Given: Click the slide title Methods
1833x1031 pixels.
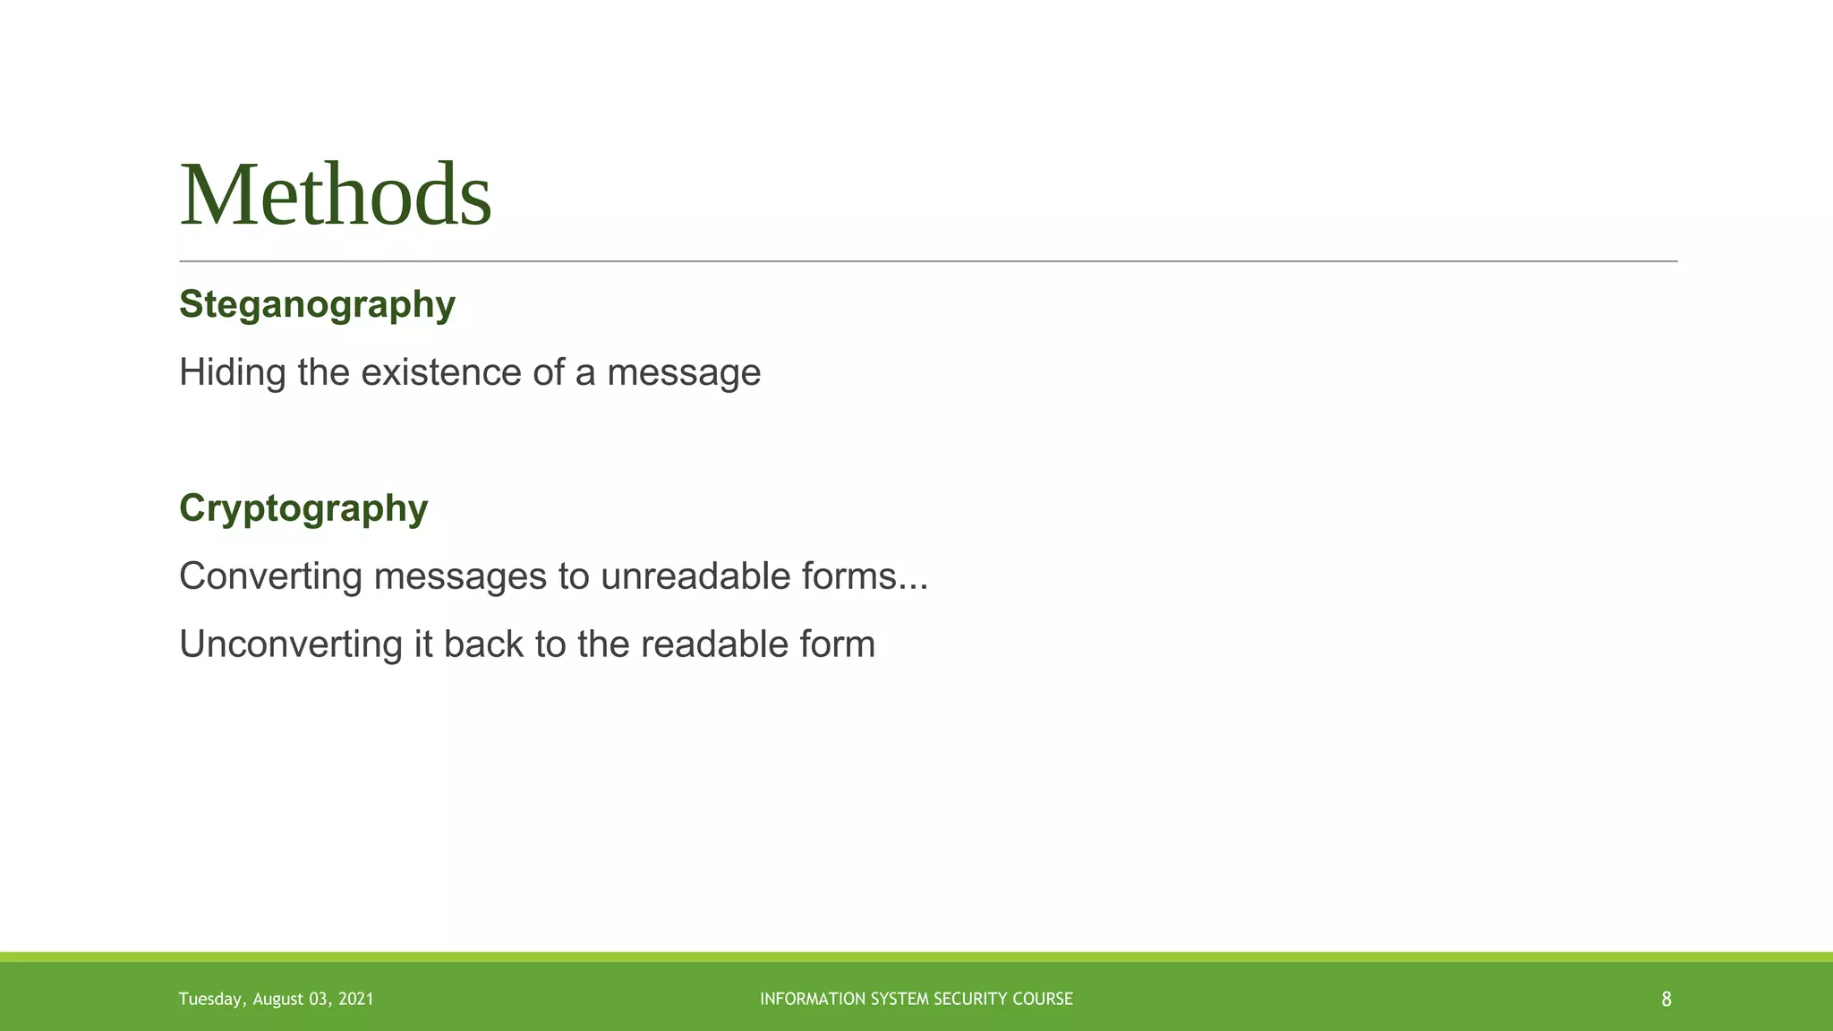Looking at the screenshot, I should (x=336, y=196).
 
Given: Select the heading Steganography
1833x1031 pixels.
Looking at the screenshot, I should (x=317, y=305).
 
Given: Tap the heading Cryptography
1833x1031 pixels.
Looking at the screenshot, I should (x=303, y=508).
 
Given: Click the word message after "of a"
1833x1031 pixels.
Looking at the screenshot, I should (x=683, y=372).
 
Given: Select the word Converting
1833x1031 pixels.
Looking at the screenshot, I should (x=270, y=576).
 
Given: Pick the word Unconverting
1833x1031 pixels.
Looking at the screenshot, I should (x=290, y=644).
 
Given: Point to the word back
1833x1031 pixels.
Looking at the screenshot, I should (x=482, y=644).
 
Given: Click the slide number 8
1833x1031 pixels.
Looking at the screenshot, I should (x=1666, y=1000).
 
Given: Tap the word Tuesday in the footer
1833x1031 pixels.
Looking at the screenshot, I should (x=210, y=1000).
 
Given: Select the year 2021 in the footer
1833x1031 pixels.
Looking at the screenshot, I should (x=356, y=1000).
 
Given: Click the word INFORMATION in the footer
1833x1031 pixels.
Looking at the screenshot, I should (x=801, y=999).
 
